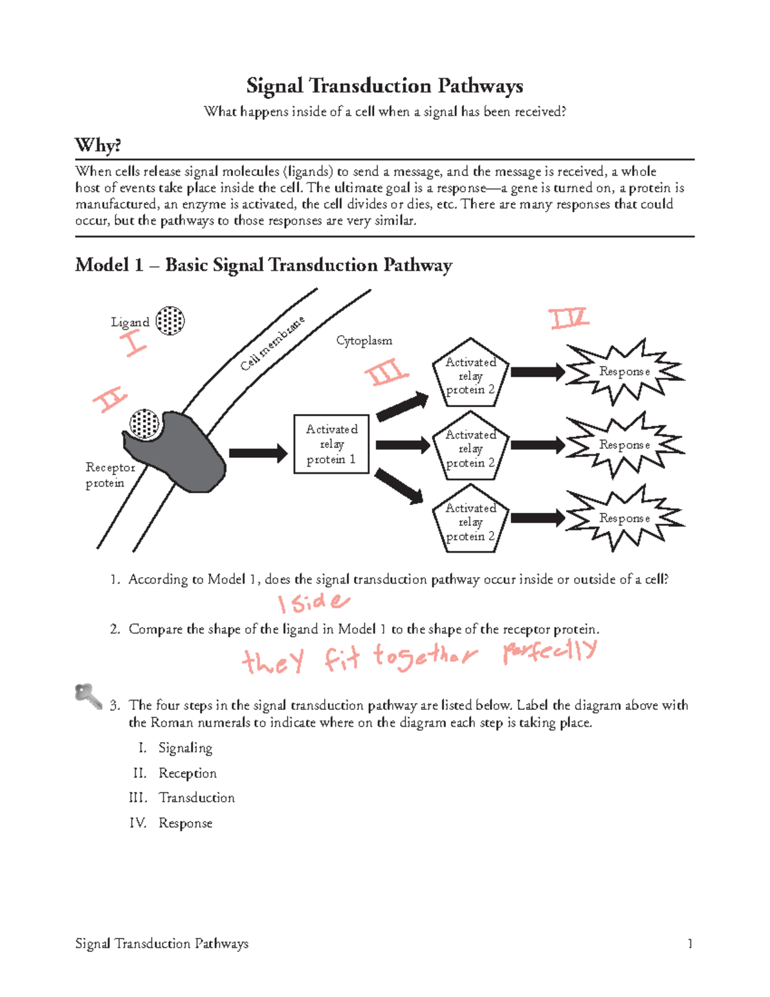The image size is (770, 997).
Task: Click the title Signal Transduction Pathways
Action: coord(384,86)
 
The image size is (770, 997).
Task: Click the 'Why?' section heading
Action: coord(98,145)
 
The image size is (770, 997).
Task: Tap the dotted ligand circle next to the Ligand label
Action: coord(170,320)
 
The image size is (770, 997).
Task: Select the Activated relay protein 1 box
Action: coord(331,444)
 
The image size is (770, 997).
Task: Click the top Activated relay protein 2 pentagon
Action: coord(471,375)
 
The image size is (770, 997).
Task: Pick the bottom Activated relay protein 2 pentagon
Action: coord(471,521)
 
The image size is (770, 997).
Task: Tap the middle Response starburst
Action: coord(624,445)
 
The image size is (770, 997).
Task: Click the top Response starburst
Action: coord(624,372)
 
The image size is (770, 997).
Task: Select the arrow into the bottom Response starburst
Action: coord(538,518)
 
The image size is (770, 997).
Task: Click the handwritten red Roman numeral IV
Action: coord(569,318)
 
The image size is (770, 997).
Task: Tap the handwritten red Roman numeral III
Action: coord(386,373)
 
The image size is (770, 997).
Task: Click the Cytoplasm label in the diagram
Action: coord(364,341)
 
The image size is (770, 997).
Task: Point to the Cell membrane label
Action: coord(272,344)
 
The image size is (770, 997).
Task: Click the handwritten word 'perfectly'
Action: coord(550,652)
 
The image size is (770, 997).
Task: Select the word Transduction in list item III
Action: coord(196,798)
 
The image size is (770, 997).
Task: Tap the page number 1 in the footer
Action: coord(690,944)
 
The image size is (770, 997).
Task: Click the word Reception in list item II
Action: coord(187,774)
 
